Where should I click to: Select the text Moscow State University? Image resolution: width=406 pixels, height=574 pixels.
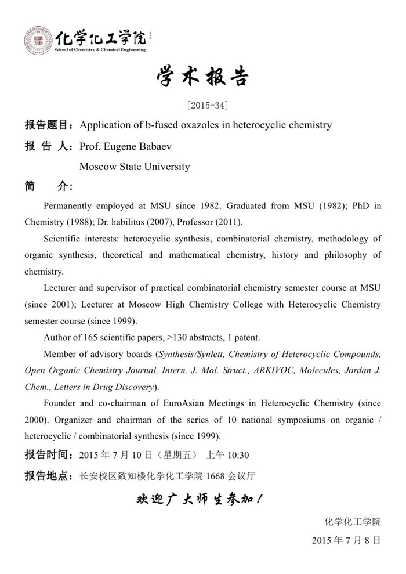pyautogui.click(x=135, y=167)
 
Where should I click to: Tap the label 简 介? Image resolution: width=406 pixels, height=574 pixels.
pyautogui.click(x=48, y=187)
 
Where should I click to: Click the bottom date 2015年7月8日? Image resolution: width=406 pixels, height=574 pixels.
pyautogui.click(x=346, y=540)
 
